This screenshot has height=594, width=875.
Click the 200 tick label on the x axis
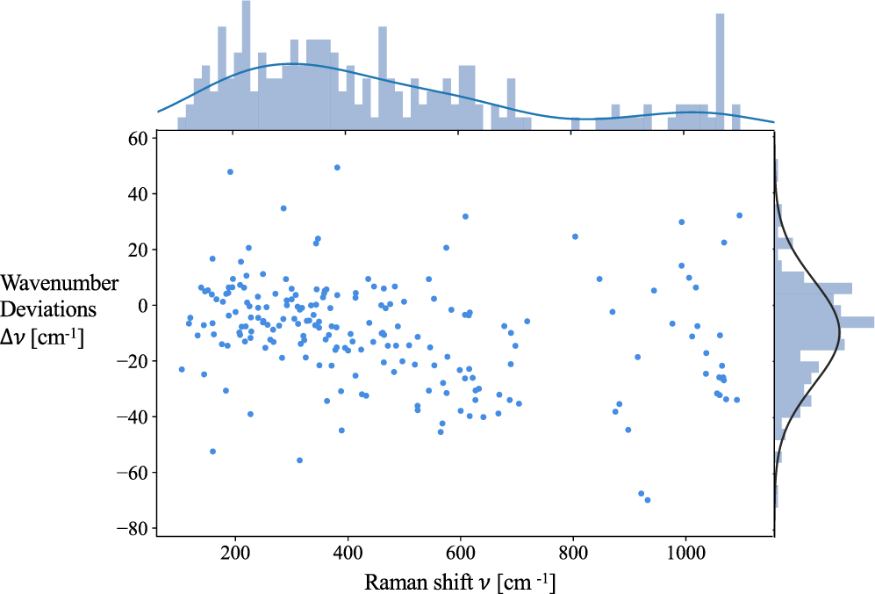point(234,552)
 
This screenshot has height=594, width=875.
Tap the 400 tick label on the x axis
point(348,552)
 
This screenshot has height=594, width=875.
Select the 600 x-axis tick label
point(461,552)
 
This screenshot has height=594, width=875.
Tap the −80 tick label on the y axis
point(134,528)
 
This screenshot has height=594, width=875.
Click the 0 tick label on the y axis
point(143,305)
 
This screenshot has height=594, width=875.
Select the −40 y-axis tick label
point(134,417)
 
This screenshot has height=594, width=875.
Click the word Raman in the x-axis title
point(391,581)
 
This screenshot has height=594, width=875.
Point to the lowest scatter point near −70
point(647,500)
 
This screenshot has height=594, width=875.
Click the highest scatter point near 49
point(337,167)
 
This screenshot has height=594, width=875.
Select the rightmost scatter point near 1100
point(739,215)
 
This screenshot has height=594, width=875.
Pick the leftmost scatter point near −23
point(182,369)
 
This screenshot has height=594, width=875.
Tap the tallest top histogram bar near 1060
point(720,70)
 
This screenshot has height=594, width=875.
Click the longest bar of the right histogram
point(825,322)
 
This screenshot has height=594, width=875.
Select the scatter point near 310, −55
point(299,460)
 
